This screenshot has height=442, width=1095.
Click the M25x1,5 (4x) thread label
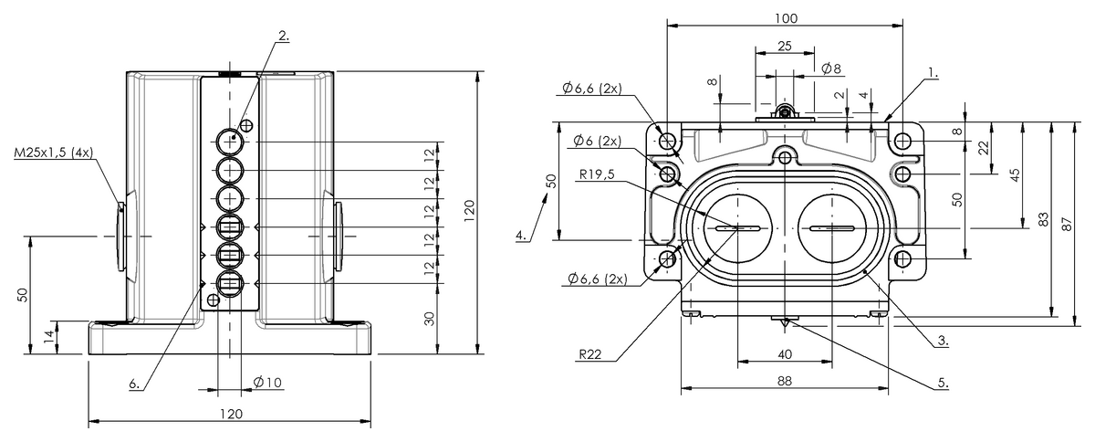point(53,153)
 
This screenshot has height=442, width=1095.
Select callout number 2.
point(284,36)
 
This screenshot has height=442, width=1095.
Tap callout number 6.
point(134,384)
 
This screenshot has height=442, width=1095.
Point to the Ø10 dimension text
point(266,382)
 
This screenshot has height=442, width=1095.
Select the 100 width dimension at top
point(786,18)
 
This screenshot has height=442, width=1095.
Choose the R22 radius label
point(589,354)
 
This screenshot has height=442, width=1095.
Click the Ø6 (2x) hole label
point(597,142)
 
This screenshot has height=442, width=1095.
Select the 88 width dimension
point(784,384)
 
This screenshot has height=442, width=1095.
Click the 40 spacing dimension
point(784,353)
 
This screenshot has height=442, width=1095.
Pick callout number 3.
point(942,342)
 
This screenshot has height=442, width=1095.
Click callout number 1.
point(932,70)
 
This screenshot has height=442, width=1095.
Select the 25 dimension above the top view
point(784,46)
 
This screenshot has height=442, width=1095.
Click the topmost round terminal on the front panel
point(229,142)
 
